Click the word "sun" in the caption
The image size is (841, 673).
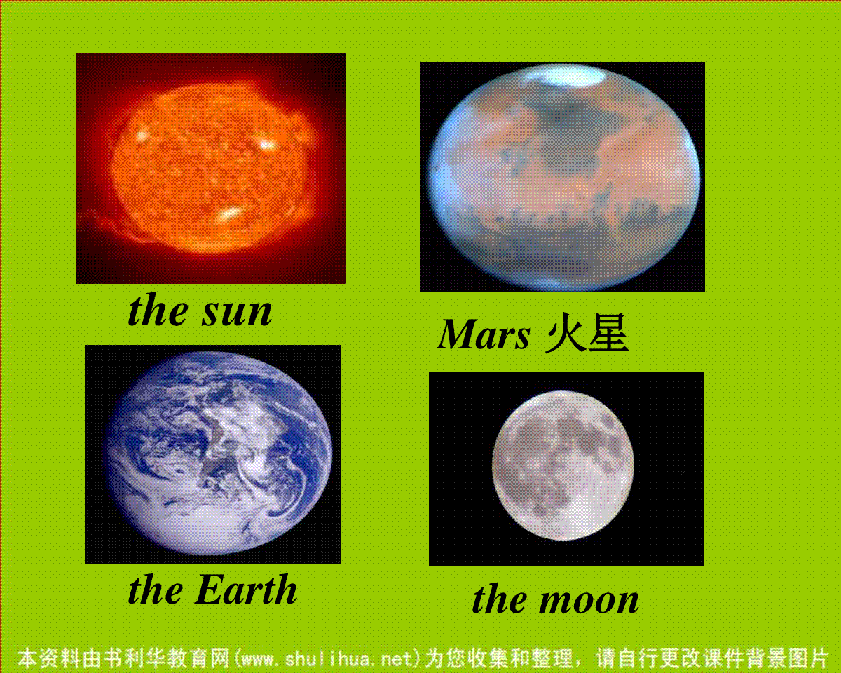pos(237,313)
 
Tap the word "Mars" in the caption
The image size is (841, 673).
pos(484,334)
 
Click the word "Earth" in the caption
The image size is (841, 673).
pos(246,590)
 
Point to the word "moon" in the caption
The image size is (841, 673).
pos(589,600)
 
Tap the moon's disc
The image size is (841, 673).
pos(563,465)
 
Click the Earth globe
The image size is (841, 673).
pos(219,454)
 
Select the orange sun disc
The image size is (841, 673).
pos(211,168)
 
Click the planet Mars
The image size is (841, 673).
pos(564,177)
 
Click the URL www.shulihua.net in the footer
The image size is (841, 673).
pos(327,658)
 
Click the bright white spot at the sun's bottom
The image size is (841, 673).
pos(229,214)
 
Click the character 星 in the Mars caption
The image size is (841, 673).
pos(608,332)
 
